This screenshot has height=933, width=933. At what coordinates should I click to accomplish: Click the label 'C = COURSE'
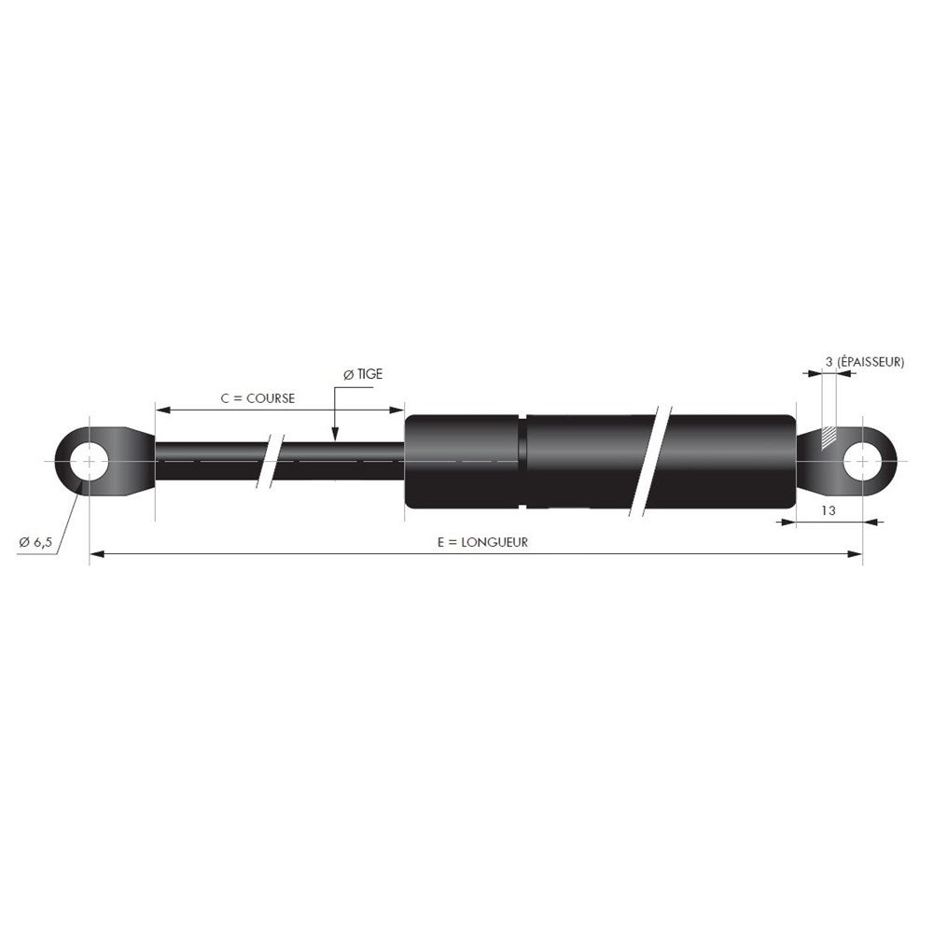coord(258,397)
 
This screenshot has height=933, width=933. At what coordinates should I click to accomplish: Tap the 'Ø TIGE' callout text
coord(363,373)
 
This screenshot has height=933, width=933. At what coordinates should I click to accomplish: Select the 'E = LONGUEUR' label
coord(481,541)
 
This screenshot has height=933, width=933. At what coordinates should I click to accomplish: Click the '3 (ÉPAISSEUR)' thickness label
coord(864,361)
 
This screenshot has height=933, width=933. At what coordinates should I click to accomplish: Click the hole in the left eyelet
coord(89,462)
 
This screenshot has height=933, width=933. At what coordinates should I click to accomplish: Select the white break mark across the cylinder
coord(654,461)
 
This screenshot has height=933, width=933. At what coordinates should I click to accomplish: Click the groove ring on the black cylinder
coord(524,462)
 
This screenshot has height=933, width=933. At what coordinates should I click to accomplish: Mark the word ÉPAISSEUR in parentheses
coord(870,361)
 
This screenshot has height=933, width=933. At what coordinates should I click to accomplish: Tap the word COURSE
coord(272,397)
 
